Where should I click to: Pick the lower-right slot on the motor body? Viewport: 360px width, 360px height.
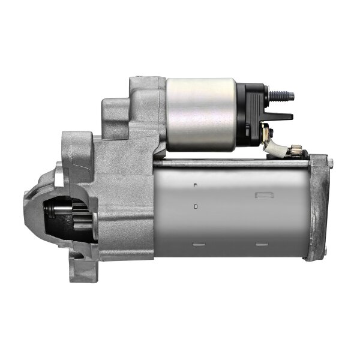point(261,245)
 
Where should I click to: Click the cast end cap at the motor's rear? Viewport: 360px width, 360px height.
point(319,207)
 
